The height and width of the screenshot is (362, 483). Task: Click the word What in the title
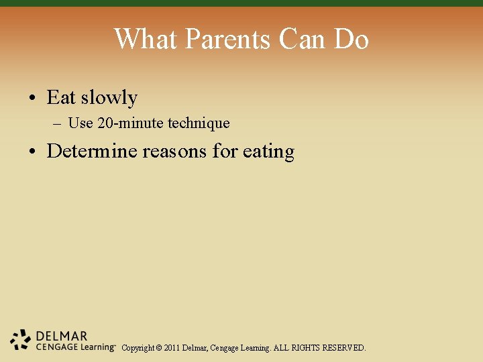(x=146, y=39)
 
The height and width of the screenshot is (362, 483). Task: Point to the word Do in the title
(x=351, y=39)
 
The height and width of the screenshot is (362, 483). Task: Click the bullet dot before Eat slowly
(x=32, y=99)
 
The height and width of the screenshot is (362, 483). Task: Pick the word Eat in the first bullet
(x=61, y=98)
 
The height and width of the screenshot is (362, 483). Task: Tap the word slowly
(x=109, y=99)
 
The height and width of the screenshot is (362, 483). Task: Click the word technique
(x=199, y=124)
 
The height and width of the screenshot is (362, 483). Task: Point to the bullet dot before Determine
(x=32, y=152)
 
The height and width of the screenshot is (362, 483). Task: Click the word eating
(x=268, y=152)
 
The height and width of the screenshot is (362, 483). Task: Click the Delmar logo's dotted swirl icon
(x=21, y=340)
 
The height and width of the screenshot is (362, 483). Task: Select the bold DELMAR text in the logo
(x=62, y=336)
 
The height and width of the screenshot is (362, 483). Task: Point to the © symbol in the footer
(x=158, y=349)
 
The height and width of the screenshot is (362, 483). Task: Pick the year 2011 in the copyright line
(x=171, y=349)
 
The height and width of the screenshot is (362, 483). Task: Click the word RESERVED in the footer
(x=344, y=349)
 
